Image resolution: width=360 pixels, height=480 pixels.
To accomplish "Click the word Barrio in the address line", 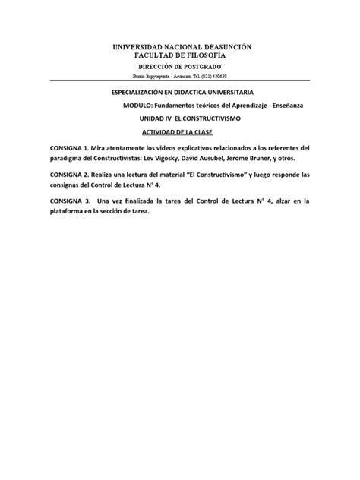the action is pos(132,77).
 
